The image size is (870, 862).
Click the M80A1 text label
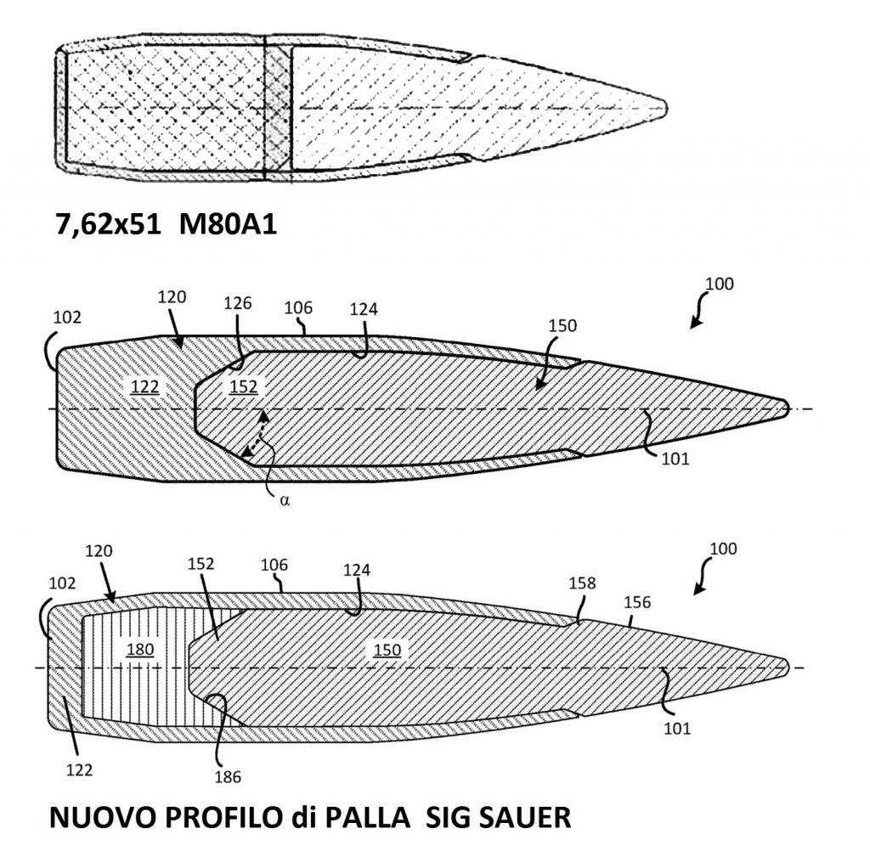pyautogui.click(x=228, y=225)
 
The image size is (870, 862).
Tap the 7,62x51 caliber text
pyautogui.click(x=109, y=225)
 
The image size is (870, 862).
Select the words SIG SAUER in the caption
pyautogui.click(x=498, y=817)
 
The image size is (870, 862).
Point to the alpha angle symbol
pyautogui.click(x=285, y=500)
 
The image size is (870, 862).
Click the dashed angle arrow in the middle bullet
pyautogui.click(x=254, y=434)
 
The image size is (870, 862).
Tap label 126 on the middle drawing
pyautogui.click(x=238, y=303)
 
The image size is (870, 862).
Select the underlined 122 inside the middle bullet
pyautogui.click(x=144, y=386)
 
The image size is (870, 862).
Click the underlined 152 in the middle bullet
pyautogui.click(x=244, y=386)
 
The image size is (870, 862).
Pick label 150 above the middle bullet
pyautogui.click(x=562, y=325)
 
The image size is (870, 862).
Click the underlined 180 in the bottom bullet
pyautogui.click(x=140, y=649)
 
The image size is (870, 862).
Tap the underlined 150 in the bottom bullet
pyautogui.click(x=387, y=650)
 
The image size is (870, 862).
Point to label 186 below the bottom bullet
pyautogui.click(x=228, y=777)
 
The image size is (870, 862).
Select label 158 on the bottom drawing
pyautogui.click(x=582, y=583)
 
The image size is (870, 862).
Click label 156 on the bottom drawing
pyautogui.click(x=637, y=602)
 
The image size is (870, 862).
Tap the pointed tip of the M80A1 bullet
pyautogui.click(x=666, y=108)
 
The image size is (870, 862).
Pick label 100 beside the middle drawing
pyautogui.click(x=720, y=284)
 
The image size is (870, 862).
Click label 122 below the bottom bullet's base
pyautogui.click(x=79, y=770)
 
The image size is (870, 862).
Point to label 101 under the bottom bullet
pyautogui.click(x=677, y=729)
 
